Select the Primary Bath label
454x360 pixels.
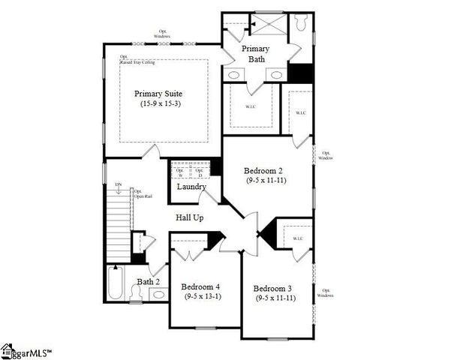tap(255, 53)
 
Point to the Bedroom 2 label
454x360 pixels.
tap(261, 170)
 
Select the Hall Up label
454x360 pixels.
tap(192, 217)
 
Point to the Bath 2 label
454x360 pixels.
tap(148, 282)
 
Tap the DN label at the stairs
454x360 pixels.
tap(118, 184)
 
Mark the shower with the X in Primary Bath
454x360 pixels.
tap(265, 25)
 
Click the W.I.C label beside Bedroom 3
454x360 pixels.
tap(297, 239)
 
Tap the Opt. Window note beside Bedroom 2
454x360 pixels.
tap(325, 155)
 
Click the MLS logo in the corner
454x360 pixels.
tap(30, 349)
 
